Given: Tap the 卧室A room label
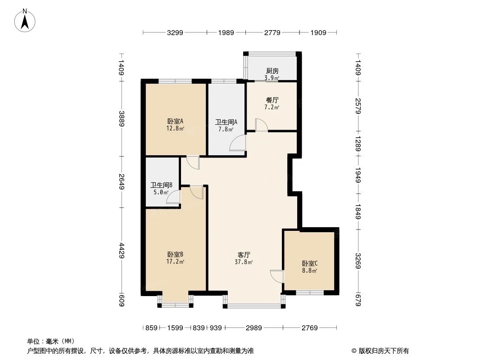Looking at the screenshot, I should coord(175,121).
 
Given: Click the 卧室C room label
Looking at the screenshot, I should coord(310,264).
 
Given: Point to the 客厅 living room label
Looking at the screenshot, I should coord(244,255).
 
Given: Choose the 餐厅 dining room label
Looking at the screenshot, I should coord(272,100).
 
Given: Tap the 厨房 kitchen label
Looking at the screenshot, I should coord(272,71).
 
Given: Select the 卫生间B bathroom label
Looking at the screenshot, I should coord(161,185).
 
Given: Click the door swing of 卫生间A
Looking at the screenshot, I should coord(237,144).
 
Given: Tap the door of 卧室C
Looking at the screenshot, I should coord(276,276).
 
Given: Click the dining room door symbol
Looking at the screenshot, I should coord(262,125).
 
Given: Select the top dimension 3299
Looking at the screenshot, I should coord(175,33).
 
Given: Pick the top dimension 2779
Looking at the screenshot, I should coord(272,33).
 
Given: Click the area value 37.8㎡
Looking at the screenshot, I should coord(244,262).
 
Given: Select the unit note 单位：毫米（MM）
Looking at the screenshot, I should coord(51,341).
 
